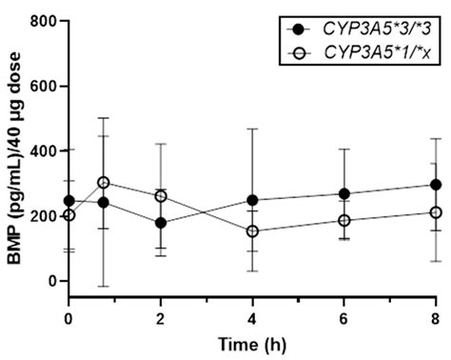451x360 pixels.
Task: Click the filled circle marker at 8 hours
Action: pos(436,185)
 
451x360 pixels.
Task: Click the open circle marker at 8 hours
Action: pos(436,212)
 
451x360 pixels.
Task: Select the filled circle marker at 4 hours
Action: pos(252,200)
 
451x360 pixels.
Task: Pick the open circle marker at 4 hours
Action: pos(252,231)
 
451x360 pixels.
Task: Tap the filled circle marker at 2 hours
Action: pos(161,223)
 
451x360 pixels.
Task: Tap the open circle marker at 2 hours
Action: pos(161,196)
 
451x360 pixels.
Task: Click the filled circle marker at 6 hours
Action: pos(344,194)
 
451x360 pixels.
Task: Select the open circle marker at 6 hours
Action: pos(344,220)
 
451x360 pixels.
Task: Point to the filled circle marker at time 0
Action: pos(69,201)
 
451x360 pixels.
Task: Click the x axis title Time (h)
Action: pos(252,343)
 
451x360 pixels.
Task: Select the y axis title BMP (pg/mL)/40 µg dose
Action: pos(13,152)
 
